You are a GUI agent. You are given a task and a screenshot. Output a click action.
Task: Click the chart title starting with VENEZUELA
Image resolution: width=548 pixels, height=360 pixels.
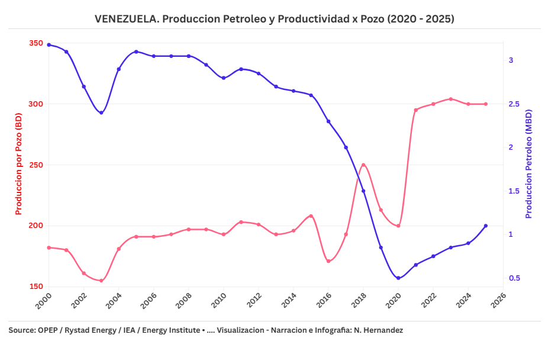pyautogui.click(x=274, y=19)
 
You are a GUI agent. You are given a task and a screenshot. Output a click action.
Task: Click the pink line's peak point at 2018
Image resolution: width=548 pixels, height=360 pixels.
pyautogui.click(x=363, y=165)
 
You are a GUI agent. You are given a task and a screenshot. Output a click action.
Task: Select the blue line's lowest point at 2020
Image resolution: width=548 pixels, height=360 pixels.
pyautogui.click(x=398, y=278)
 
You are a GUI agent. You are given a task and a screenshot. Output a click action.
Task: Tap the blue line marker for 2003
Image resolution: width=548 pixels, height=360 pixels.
pyautogui.click(x=101, y=113)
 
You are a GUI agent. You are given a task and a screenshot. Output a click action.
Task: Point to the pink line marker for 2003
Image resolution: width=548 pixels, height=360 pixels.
pyautogui.click(x=101, y=281)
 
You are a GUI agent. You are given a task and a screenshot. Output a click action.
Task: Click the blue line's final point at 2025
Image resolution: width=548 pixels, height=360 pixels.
pyautogui.click(x=486, y=226)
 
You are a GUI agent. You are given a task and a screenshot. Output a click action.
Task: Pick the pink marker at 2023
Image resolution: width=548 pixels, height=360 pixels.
pyautogui.click(x=451, y=99)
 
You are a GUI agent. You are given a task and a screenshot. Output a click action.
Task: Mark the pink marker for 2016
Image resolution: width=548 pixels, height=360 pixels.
pyautogui.click(x=328, y=261)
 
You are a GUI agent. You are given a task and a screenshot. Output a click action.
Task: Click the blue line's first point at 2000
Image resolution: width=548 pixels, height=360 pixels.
pyautogui.click(x=49, y=44)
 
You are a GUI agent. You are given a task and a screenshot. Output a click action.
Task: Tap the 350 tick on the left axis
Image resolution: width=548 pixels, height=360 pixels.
pyautogui.click(x=36, y=43)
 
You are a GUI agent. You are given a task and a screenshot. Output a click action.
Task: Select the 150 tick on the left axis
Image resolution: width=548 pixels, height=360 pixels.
pyautogui.click(x=36, y=287)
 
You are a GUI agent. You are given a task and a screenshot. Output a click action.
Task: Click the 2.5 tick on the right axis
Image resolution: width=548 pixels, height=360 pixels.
pyautogui.click(x=514, y=104)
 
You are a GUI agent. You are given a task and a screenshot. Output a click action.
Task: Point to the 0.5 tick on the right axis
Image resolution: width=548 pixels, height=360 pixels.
pyautogui.click(x=514, y=278)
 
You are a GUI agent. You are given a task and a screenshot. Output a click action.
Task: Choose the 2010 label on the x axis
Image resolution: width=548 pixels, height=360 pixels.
pyautogui.click(x=220, y=300)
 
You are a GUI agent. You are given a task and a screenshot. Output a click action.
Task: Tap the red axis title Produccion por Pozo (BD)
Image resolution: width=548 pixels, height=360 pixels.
pyautogui.click(x=18, y=165)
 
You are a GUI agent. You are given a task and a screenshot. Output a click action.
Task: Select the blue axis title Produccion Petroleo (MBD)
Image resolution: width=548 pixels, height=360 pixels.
pyautogui.click(x=529, y=164)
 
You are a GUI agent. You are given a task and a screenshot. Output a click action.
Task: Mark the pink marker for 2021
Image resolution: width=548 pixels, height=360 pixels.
pyautogui.click(x=416, y=110)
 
